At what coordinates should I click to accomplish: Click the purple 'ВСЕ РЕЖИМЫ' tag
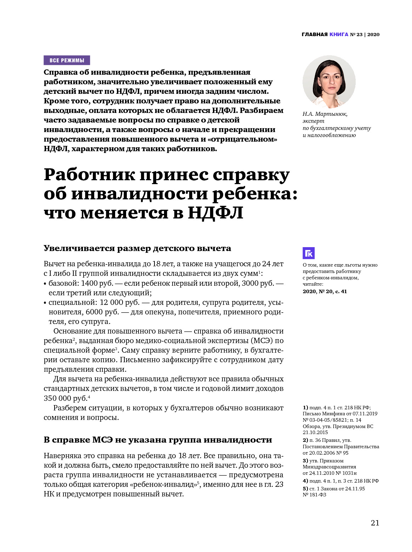(x=67, y=60)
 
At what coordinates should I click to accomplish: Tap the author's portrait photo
(x=329, y=82)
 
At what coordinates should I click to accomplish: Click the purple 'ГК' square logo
(x=309, y=253)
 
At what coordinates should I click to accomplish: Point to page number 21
(x=375, y=523)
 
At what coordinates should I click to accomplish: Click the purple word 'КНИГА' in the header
(x=339, y=34)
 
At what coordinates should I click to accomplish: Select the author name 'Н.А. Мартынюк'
(x=325, y=114)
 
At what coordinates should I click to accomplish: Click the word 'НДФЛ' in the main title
(x=215, y=213)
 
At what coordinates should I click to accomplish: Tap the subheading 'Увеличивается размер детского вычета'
(x=137, y=248)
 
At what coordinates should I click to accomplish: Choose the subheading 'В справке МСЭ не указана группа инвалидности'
(x=158, y=440)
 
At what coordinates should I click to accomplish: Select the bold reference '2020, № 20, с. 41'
(x=324, y=291)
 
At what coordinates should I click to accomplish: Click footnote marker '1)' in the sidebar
(x=305, y=407)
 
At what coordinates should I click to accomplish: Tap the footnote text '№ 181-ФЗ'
(x=314, y=495)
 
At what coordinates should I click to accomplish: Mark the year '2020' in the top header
(x=373, y=34)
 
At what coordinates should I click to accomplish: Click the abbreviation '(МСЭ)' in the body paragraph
(x=262, y=341)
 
